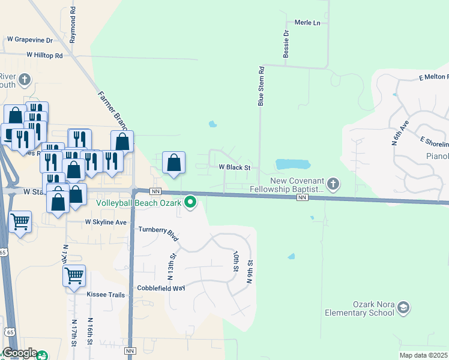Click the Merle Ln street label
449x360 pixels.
tap(307, 23)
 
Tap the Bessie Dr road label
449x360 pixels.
tap(286, 44)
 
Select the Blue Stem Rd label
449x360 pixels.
tap(261, 86)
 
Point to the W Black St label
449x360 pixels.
tap(234, 167)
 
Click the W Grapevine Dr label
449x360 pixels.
tap(30, 40)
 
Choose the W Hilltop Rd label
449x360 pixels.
tap(44, 55)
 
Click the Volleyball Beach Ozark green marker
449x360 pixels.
tap(191, 202)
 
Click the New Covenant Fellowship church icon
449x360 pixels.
tap(334, 182)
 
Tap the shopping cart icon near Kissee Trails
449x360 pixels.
tap(74, 276)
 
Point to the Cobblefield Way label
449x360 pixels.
tap(161, 288)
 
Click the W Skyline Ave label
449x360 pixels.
tap(106, 222)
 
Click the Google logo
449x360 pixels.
tap(19, 353)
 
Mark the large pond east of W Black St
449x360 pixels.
tap(292, 164)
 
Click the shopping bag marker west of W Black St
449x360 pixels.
tap(173, 162)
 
